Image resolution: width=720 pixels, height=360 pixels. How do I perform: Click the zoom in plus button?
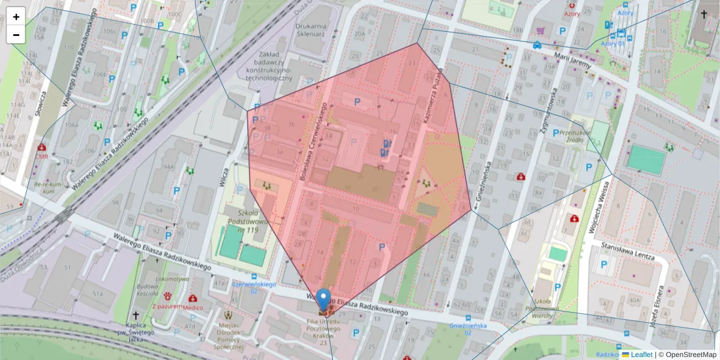[x=16, y=17]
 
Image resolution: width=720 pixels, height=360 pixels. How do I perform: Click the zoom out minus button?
[x=16, y=35]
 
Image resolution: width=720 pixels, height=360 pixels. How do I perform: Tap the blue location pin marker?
[x=324, y=299]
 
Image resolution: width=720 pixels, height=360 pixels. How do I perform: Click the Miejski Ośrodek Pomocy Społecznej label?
[x=229, y=335]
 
